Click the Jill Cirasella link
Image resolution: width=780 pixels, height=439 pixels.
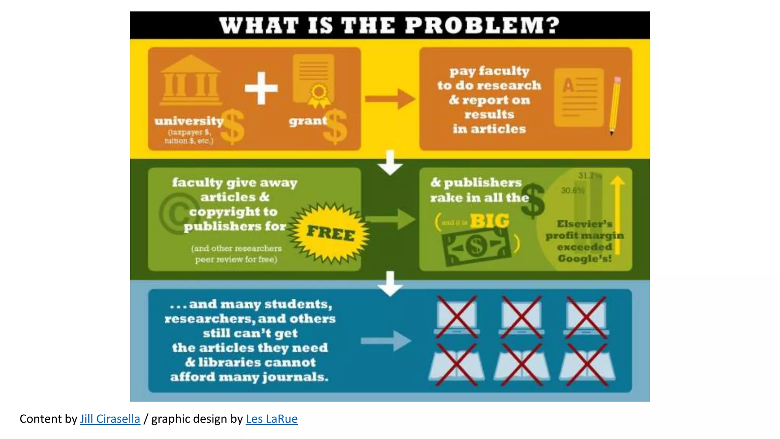pyautogui.click(x=110, y=419)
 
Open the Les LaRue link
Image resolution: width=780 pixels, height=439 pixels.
pyautogui.click(x=272, y=419)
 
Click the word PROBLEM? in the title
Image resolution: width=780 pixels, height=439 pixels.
pyautogui.click(x=482, y=26)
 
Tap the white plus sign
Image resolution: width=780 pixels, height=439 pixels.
pyautogui.click(x=261, y=88)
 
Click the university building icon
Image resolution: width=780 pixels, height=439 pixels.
pyautogui.click(x=190, y=81)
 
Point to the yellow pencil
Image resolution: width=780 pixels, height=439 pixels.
pyautogui.click(x=614, y=106)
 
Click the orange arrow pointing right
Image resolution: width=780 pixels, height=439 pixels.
pyautogui.click(x=390, y=99)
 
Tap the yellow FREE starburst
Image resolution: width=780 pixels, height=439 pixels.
pyautogui.click(x=330, y=232)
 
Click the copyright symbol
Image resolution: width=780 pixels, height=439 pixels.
pyautogui.click(x=176, y=213)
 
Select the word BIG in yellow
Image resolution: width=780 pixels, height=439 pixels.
pyautogui.click(x=489, y=221)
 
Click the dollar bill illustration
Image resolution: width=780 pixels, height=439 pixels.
pyautogui.click(x=476, y=246)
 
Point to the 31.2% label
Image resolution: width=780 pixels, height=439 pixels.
pyautogui.click(x=590, y=176)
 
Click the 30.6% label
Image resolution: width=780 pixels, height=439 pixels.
pyautogui.click(x=572, y=191)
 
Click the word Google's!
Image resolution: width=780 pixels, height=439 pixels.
pyautogui.click(x=585, y=259)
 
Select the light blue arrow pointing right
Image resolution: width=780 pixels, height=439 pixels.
pyautogui.click(x=385, y=340)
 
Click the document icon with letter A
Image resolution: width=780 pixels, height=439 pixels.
pyautogui.click(x=579, y=98)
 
